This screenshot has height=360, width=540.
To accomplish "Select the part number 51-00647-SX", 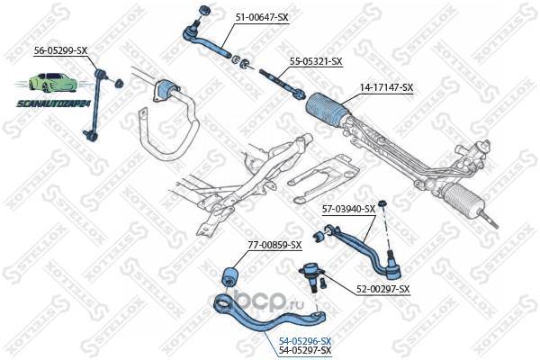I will click(x=263, y=16).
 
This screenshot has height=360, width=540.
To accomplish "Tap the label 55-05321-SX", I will click(x=316, y=61).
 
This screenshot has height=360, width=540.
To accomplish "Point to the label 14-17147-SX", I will click(x=386, y=87).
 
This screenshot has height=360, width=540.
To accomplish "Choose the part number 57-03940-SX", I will click(x=348, y=209).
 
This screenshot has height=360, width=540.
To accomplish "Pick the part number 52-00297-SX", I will click(x=382, y=289).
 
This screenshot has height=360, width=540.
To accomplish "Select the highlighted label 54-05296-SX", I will click(x=304, y=340).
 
